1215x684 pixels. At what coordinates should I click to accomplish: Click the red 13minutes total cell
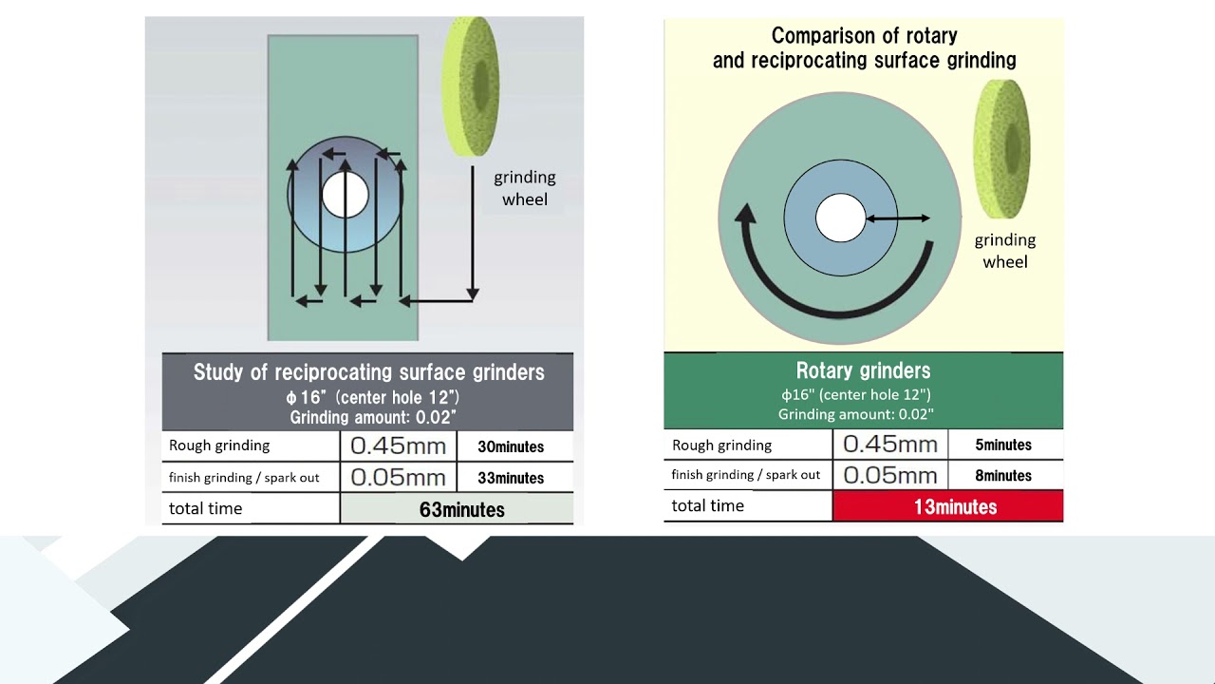tap(947, 506)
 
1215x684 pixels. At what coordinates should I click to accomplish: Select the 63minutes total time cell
tap(457, 508)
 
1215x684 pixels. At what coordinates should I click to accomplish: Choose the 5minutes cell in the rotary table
tap(1005, 445)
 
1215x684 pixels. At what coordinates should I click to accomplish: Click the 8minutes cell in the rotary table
tap(1005, 476)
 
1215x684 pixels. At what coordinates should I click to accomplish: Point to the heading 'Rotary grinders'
tap(863, 370)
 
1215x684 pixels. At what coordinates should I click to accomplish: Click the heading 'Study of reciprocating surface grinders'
tap(369, 372)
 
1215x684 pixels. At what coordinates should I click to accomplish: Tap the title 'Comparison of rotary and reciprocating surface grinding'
tap(864, 47)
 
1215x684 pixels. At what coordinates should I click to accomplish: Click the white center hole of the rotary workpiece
tap(840, 218)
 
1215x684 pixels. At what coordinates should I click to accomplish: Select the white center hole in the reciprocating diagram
tap(345, 195)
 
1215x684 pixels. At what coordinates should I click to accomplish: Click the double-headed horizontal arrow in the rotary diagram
tap(898, 218)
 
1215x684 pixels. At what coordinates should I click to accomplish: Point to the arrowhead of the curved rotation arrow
tap(746, 214)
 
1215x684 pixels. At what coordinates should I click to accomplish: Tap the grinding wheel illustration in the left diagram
tap(470, 86)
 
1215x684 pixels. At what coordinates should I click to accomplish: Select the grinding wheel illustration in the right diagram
tap(1001, 149)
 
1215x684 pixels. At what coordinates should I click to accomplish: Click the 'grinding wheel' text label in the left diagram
tap(525, 188)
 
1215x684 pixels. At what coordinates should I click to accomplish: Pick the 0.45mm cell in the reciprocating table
tap(398, 446)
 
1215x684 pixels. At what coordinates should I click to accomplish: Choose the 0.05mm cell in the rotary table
tap(890, 476)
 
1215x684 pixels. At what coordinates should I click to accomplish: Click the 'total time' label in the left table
tap(205, 508)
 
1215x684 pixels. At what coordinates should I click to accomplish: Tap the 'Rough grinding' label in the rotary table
tap(721, 446)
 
